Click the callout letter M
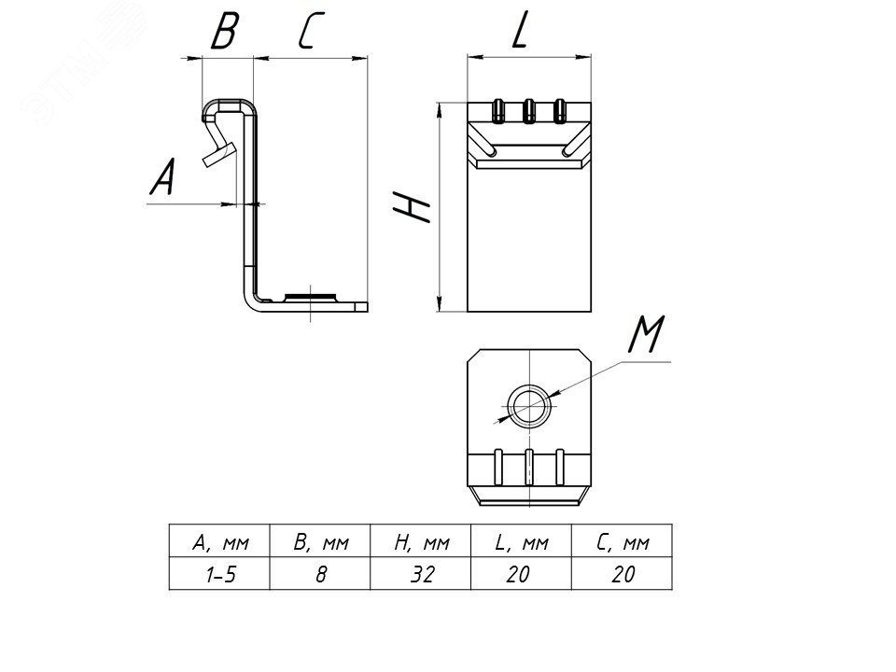pos(646,336)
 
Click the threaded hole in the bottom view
pos(529,405)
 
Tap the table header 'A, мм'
pos(218,542)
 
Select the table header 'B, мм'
pos(320,542)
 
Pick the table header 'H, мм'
pos(422,542)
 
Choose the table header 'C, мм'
pos(622,542)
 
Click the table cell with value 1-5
pos(218,574)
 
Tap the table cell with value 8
pos(320,574)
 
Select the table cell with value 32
pos(422,574)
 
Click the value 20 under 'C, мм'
pos(622,574)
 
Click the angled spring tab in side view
pos(217,149)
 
